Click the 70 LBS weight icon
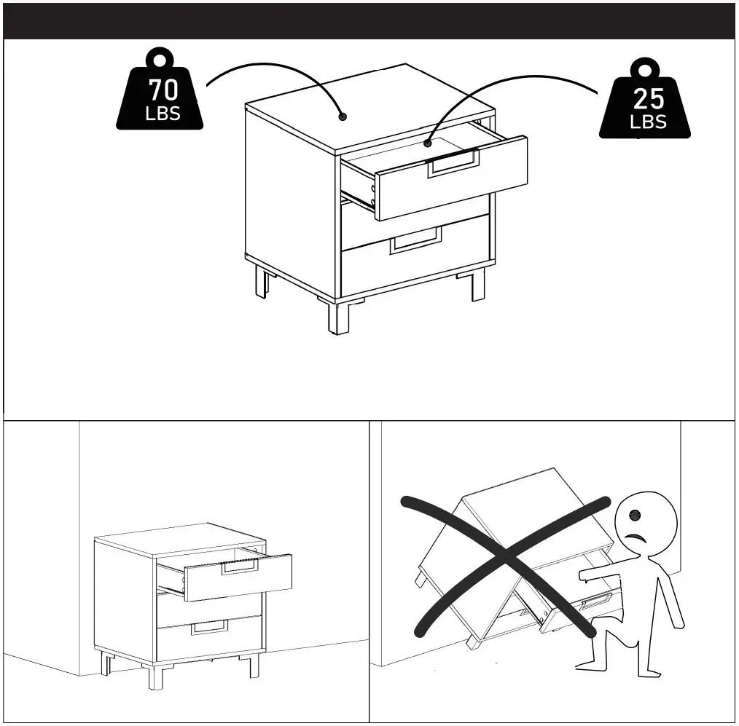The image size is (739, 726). point(160,95)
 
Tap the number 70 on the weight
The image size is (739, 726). point(163,90)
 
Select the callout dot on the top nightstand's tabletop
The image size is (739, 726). point(342,117)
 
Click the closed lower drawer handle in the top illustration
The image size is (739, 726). point(416,240)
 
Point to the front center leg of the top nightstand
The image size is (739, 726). point(337,317)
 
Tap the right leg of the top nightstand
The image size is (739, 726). point(477,285)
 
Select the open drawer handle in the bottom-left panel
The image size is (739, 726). point(240,567)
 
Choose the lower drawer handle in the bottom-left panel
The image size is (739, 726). point(209,628)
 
